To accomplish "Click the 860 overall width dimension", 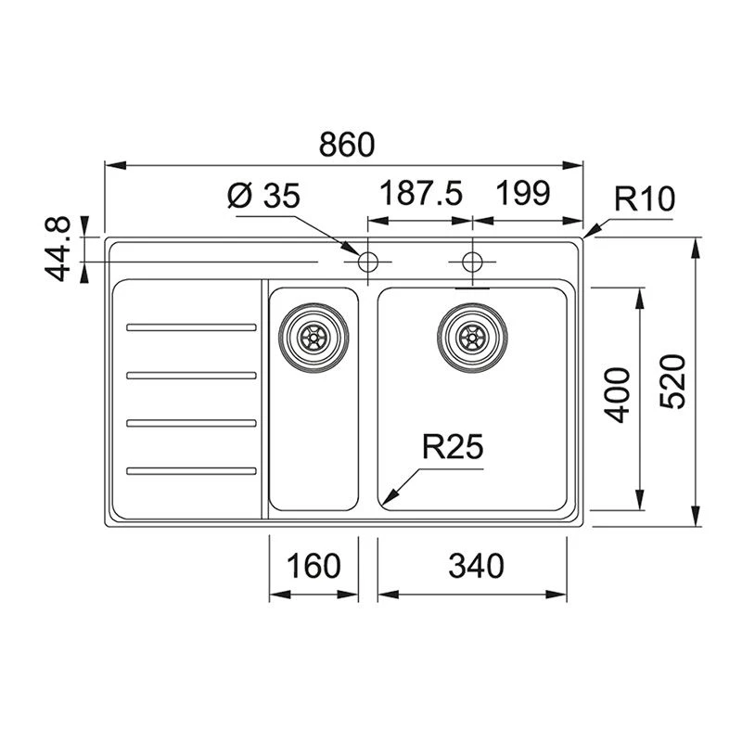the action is tap(347, 145).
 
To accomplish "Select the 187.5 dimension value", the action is tap(421, 193).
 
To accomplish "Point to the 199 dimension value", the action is tap(523, 193).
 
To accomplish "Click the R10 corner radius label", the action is tap(645, 198).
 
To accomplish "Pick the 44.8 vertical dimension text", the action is tap(58, 249).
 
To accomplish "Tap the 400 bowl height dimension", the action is tap(617, 395).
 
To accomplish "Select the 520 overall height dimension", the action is tap(672, 381).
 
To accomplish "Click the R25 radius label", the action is tap(453, 446).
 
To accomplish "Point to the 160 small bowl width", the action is tap(313, 566).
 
